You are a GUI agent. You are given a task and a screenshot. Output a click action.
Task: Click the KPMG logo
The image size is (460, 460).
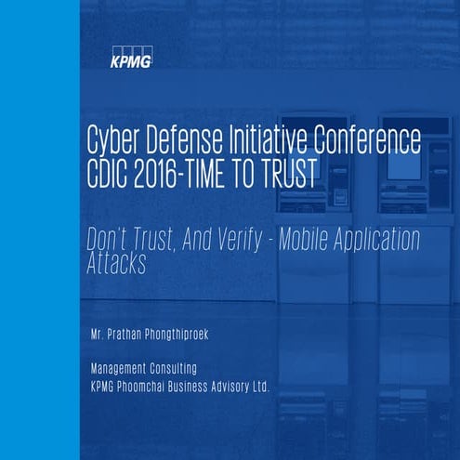(x=129, y=59)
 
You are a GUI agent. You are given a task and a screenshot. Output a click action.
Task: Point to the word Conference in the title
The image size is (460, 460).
(x=370, y=141)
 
